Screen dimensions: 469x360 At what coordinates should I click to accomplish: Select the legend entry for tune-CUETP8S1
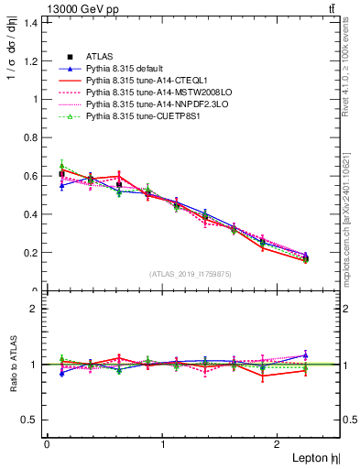coord(138,117)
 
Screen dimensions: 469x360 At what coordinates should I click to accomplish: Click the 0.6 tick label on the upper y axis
coord(30,176)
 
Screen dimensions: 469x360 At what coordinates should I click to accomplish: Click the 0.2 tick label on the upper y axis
coord(30,253)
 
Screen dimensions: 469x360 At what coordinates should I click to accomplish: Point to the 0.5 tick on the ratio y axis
coord(30,420)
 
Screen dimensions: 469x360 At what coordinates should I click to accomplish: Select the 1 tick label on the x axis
coord(162,444)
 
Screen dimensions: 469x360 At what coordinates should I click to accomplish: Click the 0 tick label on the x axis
coord(47,444)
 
